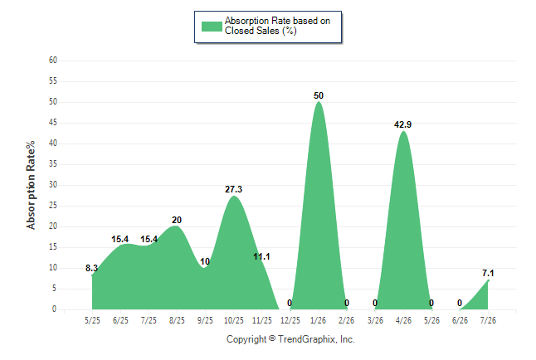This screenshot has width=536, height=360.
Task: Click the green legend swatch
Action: tap(212, 27)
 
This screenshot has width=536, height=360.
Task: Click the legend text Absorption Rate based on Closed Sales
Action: tap(277, 26)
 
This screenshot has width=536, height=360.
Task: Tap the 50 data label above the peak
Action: tap(319, 95)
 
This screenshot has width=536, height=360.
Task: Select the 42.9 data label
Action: tap(402, 124)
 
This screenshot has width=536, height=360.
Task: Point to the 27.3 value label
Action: tap(233, 189)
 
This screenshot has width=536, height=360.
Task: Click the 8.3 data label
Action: tap(91, 268)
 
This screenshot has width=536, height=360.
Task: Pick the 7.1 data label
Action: tap(488, 273)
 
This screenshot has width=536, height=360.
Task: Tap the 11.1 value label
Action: tap(261, 256)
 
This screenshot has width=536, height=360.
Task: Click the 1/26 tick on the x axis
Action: tap(319, 320)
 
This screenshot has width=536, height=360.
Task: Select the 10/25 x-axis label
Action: tap(234, 320)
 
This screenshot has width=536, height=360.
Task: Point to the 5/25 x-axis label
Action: tap(92, 320)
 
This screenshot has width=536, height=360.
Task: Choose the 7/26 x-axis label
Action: tap(488, 320)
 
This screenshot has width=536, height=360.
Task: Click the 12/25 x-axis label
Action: tap(290, 320)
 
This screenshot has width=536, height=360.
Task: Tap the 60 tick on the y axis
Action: tap(53, 61)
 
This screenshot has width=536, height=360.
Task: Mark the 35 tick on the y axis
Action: tap(53, 164)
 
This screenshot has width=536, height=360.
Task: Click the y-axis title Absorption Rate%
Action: tap(31, 185)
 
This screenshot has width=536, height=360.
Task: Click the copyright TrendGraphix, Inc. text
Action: tap(290, 339)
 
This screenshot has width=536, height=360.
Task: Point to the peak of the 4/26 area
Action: tap(403, 131)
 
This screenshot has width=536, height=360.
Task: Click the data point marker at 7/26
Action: tap(488, 280)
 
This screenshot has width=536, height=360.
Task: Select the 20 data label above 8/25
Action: tap(177, 220)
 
